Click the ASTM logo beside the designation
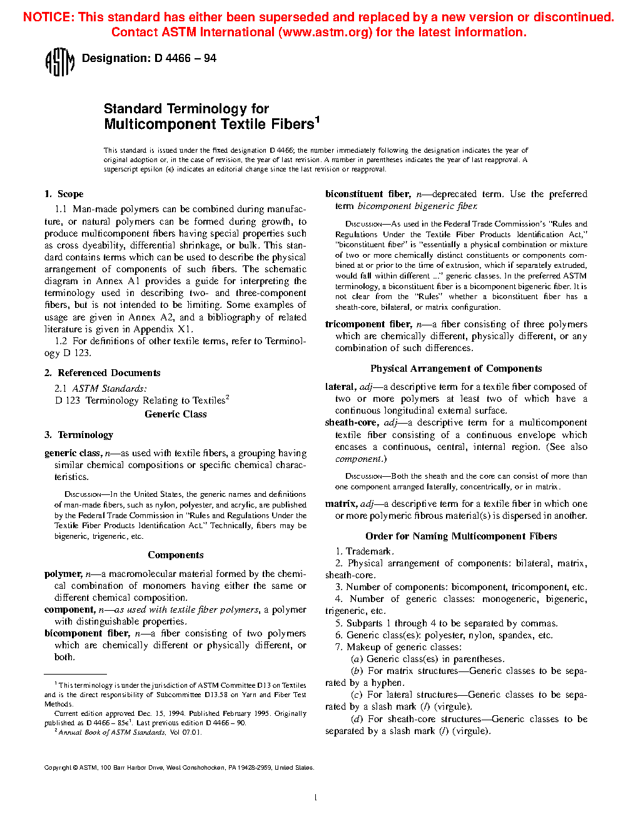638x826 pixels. pos(60,62)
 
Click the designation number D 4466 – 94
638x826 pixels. pos(185,58)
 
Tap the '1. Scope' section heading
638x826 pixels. pos(64,194)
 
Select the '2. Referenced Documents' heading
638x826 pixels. pos(102,373)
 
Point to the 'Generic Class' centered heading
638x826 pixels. pos(175,414)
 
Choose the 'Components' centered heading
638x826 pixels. pos(176,555)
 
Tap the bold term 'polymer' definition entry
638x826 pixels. pos(63,574)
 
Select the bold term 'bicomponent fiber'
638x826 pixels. pos(87,633)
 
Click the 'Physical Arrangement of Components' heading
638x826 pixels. pos(456,369)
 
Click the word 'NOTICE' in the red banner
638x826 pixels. pos(48,17)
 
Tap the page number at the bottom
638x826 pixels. pos(316,797)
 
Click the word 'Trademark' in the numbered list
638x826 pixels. pos(369,551)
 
